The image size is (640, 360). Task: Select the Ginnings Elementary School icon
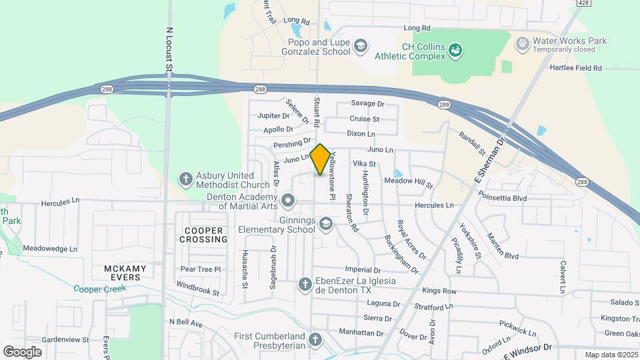point(325,223)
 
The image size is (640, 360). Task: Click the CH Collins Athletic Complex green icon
point(456,49)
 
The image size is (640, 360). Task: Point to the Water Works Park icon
point(523,43)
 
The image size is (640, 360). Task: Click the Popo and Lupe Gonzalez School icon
point(360,45)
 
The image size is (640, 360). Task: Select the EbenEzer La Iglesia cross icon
point(305,284)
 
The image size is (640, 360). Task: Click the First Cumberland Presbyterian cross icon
point(315,339)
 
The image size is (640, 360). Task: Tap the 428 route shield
point(583,3)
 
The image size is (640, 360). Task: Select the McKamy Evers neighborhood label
point(122,273)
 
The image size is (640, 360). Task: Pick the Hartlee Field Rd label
point(575,68)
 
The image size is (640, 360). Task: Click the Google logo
point(22,351)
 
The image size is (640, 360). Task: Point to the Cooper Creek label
point(99,289)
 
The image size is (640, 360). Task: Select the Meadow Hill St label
point(408,181)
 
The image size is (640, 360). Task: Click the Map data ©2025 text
point(611,355)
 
